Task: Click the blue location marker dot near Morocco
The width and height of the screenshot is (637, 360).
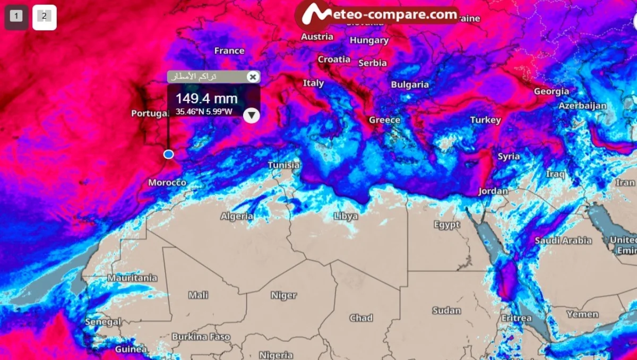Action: coord(168,154)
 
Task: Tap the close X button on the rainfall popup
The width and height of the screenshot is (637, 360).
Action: coord(253,77)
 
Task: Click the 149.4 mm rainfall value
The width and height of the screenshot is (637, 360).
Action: coord(206,98)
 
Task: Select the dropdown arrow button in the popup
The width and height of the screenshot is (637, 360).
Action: coord(252,115)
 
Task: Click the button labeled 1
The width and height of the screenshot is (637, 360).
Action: coord(16,16)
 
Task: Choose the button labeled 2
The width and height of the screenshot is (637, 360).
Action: coord(44,16)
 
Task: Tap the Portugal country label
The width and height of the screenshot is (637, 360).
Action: coord(149,113)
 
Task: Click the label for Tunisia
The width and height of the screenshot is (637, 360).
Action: coord(283,165)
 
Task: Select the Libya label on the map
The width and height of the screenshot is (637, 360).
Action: coord(346,216)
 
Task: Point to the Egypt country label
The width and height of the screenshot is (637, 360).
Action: coord(446,225)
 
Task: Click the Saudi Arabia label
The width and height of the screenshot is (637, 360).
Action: coord(563,241)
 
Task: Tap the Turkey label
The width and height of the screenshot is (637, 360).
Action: coord(485,120)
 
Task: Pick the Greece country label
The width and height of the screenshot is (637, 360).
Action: coord(384,119)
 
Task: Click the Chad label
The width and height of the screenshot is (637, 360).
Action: coord(361,318)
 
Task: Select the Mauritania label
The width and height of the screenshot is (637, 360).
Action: coord(132,278)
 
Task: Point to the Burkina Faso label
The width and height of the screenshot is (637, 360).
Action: coord(201,337)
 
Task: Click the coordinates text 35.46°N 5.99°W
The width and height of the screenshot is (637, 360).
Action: coord(204,112)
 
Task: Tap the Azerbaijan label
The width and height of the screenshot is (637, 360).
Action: coord(582,106)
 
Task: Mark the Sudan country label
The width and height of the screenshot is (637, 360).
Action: coord(446,310)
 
